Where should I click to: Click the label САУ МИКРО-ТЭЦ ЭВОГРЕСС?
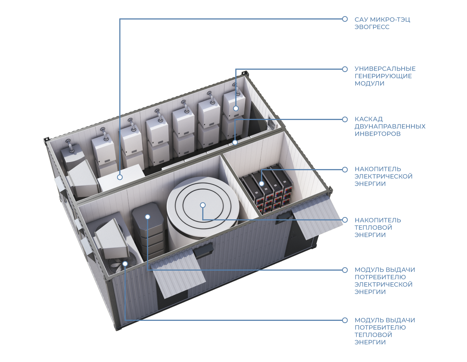point(382,23)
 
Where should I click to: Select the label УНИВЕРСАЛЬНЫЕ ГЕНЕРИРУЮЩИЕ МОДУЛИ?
point(385,76)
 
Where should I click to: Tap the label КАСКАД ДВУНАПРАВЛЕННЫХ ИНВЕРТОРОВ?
point(390,126)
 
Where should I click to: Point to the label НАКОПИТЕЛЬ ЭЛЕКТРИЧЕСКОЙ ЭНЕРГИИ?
point(383,176)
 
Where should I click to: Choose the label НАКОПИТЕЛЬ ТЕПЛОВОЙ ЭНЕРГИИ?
point(377,227)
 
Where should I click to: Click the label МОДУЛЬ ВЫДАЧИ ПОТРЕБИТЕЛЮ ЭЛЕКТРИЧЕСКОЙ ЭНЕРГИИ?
point(384,281)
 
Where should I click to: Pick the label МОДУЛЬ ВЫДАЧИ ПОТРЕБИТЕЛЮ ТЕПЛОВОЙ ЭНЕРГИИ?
point(384,331)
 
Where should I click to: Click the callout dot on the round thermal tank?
point(203,205)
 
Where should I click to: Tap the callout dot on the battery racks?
point(262,183)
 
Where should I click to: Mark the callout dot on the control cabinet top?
point(120,177)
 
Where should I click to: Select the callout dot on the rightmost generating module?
point(236,108)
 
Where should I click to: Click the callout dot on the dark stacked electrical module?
point(147,217)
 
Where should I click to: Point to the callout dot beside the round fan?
point(125,264)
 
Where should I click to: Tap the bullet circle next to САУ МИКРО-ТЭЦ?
point(345,19)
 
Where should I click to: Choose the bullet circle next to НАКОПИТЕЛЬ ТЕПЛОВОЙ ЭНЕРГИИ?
point(345,220)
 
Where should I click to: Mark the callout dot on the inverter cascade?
point(235,142)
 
